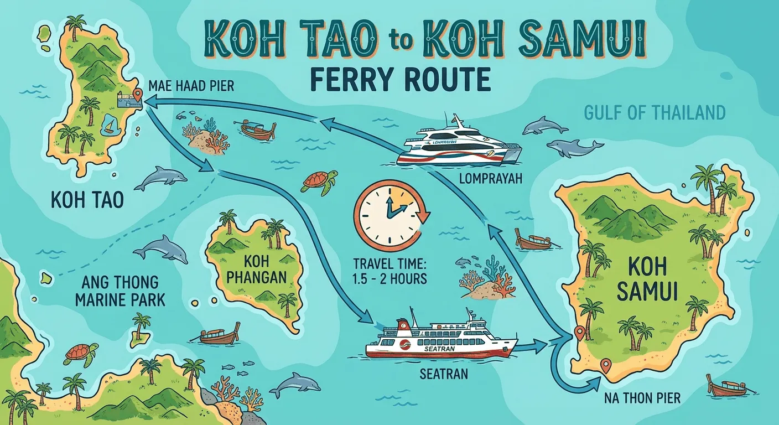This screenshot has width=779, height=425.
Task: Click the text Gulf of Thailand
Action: (x=655, y=113)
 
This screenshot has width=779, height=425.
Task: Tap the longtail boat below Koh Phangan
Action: (x=221, y=334)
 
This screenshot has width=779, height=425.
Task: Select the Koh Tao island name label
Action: (x=86, y=200)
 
